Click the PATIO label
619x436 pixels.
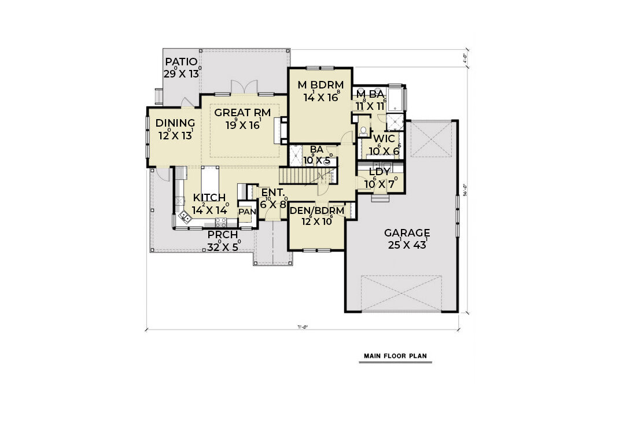click(x=181, y=62)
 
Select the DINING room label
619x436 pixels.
click(x=175, y=123)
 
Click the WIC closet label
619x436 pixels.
click(x=384, y=139)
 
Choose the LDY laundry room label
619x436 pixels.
click(x=379, y=172)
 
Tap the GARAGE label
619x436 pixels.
click(x=407, y=233)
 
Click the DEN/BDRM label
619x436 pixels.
click(x=317, y=211)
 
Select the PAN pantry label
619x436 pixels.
click(x=246, y=212)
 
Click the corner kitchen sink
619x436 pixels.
click(x=185, y=217)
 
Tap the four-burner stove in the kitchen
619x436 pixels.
click(x=221, y=223)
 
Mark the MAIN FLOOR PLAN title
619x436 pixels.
click(x=395, y=356)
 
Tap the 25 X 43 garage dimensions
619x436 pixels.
click(x=407, y=245)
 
